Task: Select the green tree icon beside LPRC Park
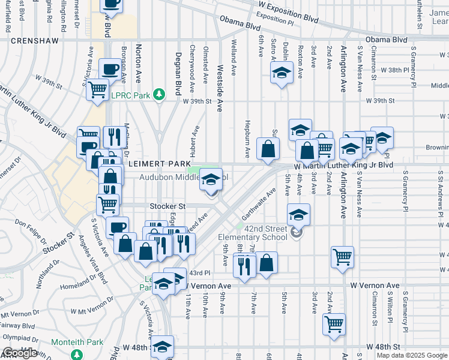tap(159, 94)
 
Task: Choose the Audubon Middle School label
tap(184, 177)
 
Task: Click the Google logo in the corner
tap(20, 353)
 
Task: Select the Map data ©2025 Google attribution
tap(411, 355)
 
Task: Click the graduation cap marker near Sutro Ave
tap(280, 73)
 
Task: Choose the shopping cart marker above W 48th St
tap(334, 325)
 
